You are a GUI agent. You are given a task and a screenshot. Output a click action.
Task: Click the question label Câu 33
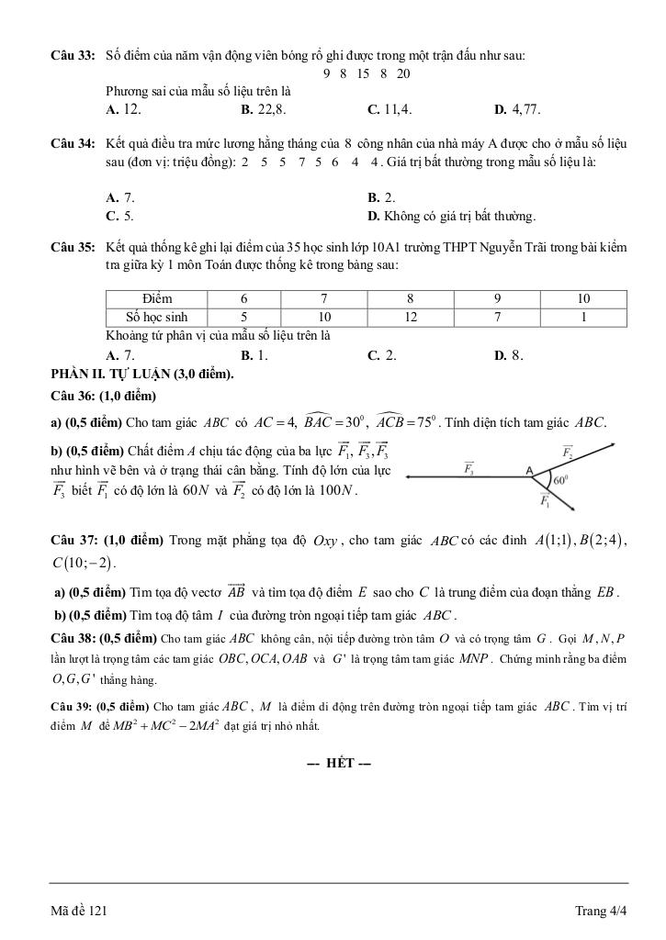[73, 57]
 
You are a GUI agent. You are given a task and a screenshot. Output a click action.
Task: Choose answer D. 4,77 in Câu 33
[518, 109]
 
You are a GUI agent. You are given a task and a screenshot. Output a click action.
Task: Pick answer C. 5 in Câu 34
[120, 217]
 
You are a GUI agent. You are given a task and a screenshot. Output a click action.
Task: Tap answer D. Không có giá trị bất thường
[451, 217]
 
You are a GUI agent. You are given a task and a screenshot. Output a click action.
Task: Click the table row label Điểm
[157, 298]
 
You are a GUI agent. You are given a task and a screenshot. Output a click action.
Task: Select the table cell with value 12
[411, 317]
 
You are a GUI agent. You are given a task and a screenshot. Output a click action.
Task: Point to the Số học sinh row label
[157, 317]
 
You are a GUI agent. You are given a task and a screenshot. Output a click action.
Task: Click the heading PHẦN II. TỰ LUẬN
[142, 374]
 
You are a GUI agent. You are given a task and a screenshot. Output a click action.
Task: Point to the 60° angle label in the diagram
[558, 479]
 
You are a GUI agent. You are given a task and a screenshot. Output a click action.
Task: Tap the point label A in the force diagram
[530, 469]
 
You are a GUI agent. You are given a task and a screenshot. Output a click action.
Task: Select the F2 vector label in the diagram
[567, 452]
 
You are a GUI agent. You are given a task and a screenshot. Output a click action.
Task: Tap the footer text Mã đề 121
[80, 911]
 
